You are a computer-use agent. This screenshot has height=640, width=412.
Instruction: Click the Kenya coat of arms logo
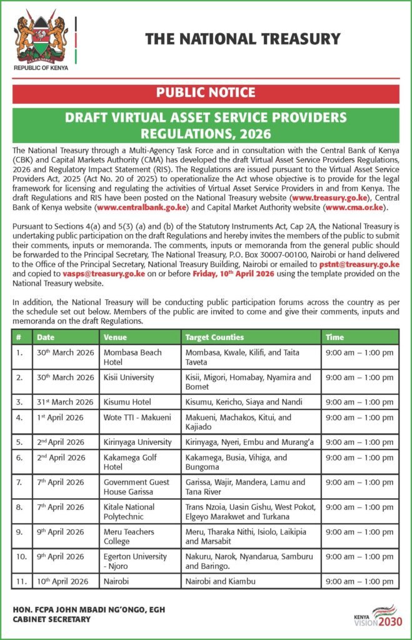pyautogui.click(x=39, y=39)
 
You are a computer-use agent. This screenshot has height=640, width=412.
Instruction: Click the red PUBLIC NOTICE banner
pyautogui.click(x=206, y=93)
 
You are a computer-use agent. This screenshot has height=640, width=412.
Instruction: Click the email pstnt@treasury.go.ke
pyautogui.click(x=359, y=265)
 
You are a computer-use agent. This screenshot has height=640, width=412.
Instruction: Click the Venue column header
pyautogui.click(x=116, y=337)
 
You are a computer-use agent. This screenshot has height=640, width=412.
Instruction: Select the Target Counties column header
pyautogui.click(x=214, y=337)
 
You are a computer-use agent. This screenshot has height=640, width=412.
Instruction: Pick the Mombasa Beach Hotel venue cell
pyautogui.click(x=133, y=357)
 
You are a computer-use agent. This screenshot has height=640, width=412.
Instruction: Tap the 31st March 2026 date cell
pyautogui.click(x=65, y=402)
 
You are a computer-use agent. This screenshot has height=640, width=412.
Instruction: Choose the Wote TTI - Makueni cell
pyautogui.click(x=138, y=417)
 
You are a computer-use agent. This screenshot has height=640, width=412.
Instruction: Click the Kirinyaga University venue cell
pyautogui.click(x=138, y=442)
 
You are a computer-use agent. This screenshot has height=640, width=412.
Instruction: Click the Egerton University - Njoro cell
pyautogui.click(x=135, y=561)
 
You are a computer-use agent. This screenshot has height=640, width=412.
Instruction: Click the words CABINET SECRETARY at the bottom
pyautogui.click(x=52, y=620)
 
